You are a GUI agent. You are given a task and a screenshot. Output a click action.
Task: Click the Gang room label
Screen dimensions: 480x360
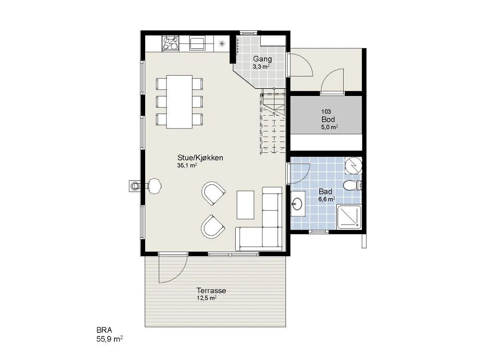262,59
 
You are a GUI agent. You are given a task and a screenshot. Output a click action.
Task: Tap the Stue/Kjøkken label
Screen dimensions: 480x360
200,158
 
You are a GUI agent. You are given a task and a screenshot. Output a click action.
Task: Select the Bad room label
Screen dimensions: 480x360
325,192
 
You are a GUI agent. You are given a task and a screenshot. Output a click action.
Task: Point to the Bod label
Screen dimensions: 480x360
328,119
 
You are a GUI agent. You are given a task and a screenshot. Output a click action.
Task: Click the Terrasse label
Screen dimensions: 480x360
211,290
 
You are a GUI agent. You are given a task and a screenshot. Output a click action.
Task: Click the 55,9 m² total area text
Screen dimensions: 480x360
110,339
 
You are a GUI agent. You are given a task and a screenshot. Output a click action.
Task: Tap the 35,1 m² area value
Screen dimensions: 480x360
187,165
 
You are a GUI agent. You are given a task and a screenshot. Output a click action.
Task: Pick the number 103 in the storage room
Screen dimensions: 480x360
326,112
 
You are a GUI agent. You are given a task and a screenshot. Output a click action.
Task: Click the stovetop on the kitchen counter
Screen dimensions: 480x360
170,44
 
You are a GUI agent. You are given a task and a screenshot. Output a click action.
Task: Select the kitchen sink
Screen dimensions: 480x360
198,44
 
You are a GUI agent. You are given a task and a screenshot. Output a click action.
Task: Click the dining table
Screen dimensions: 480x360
179,102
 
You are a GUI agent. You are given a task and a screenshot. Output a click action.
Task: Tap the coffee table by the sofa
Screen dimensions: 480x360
245,205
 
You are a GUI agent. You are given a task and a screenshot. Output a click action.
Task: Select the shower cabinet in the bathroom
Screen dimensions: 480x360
349,217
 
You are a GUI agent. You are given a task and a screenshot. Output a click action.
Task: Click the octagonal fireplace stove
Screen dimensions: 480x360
155,186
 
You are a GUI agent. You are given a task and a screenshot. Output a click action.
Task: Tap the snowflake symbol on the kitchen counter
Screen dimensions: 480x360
222,44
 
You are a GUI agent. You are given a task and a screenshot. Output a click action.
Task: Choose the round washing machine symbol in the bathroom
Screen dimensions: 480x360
353,166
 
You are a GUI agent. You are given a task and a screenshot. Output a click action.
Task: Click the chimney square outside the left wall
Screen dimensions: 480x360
135,186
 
